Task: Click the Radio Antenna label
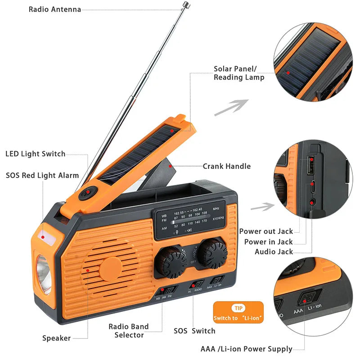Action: pos(54,9)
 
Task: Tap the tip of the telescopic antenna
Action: pos(185,4)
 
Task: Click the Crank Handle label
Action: pos(226,166)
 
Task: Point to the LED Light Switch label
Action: pos(35,154)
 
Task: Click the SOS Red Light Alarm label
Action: pos(42,175)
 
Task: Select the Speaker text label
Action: pos(56,338)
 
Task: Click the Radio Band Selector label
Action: pos(128,331)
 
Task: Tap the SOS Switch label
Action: pos(194,331)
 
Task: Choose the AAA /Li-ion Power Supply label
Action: pos(246,349)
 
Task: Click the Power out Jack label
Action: pos(266,231)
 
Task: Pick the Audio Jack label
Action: pos(274,252)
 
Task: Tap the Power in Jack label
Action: pos(268,242)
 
